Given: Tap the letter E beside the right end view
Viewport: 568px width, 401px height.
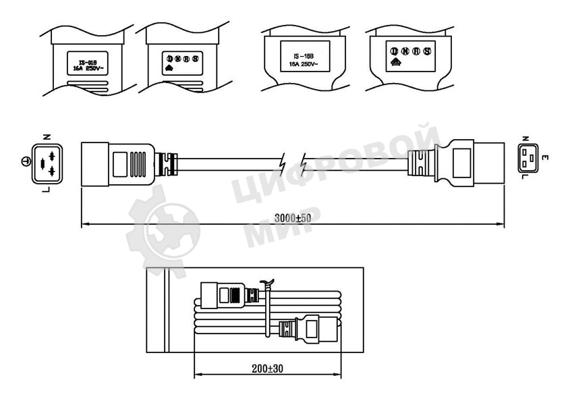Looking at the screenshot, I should (544, 159).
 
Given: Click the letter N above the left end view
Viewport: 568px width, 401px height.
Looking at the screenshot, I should (46, 137).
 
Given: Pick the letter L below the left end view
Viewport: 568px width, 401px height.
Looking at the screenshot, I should (46, 190).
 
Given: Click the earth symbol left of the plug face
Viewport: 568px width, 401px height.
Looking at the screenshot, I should (24, 162).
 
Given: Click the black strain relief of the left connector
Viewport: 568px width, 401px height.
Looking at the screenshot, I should (166, 163).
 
